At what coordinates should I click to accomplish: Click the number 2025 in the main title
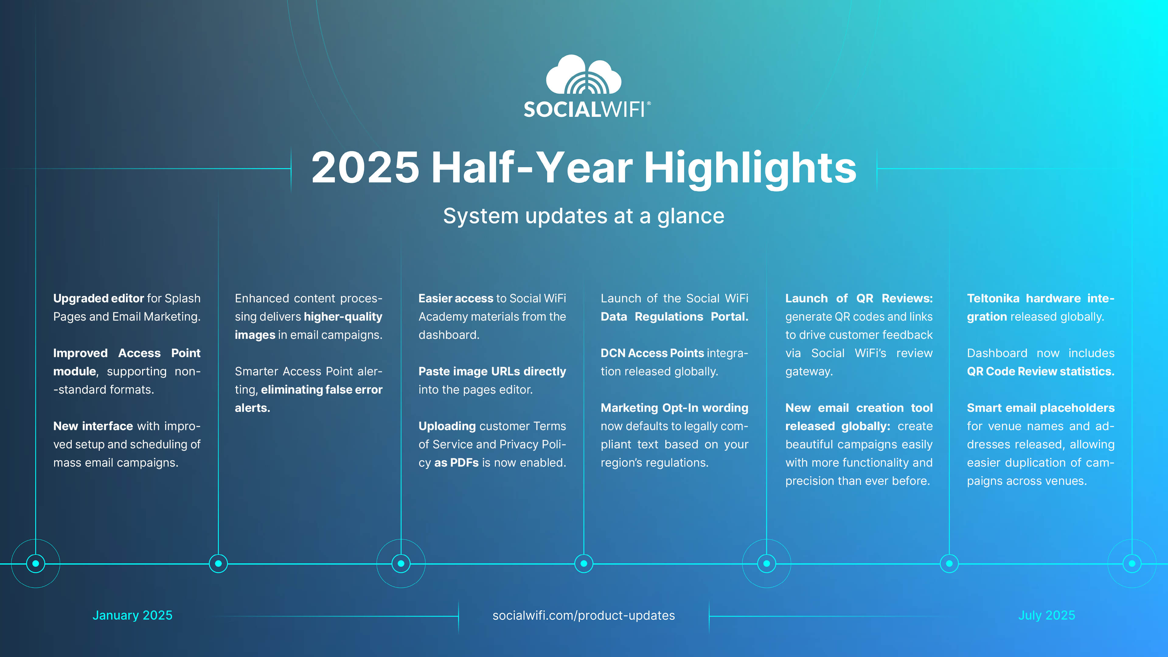point(365,168)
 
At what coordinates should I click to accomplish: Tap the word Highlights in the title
point(750,169)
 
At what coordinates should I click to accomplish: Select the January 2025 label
point(132,615)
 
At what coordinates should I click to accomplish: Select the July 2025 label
point(1046,615)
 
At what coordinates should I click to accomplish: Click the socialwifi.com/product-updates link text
point(584,615)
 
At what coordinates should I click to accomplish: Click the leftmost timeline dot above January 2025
point(36,564)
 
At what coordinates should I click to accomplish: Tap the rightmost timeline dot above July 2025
point(1132,564)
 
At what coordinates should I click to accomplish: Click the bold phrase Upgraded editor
point(98,298)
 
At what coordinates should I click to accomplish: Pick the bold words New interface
point(93,426)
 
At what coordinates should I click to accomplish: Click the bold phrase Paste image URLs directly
point(492,371)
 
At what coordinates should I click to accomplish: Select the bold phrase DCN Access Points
point(652,353)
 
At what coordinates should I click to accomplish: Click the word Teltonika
point(993,298)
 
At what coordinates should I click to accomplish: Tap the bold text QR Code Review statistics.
point(1041,371)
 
